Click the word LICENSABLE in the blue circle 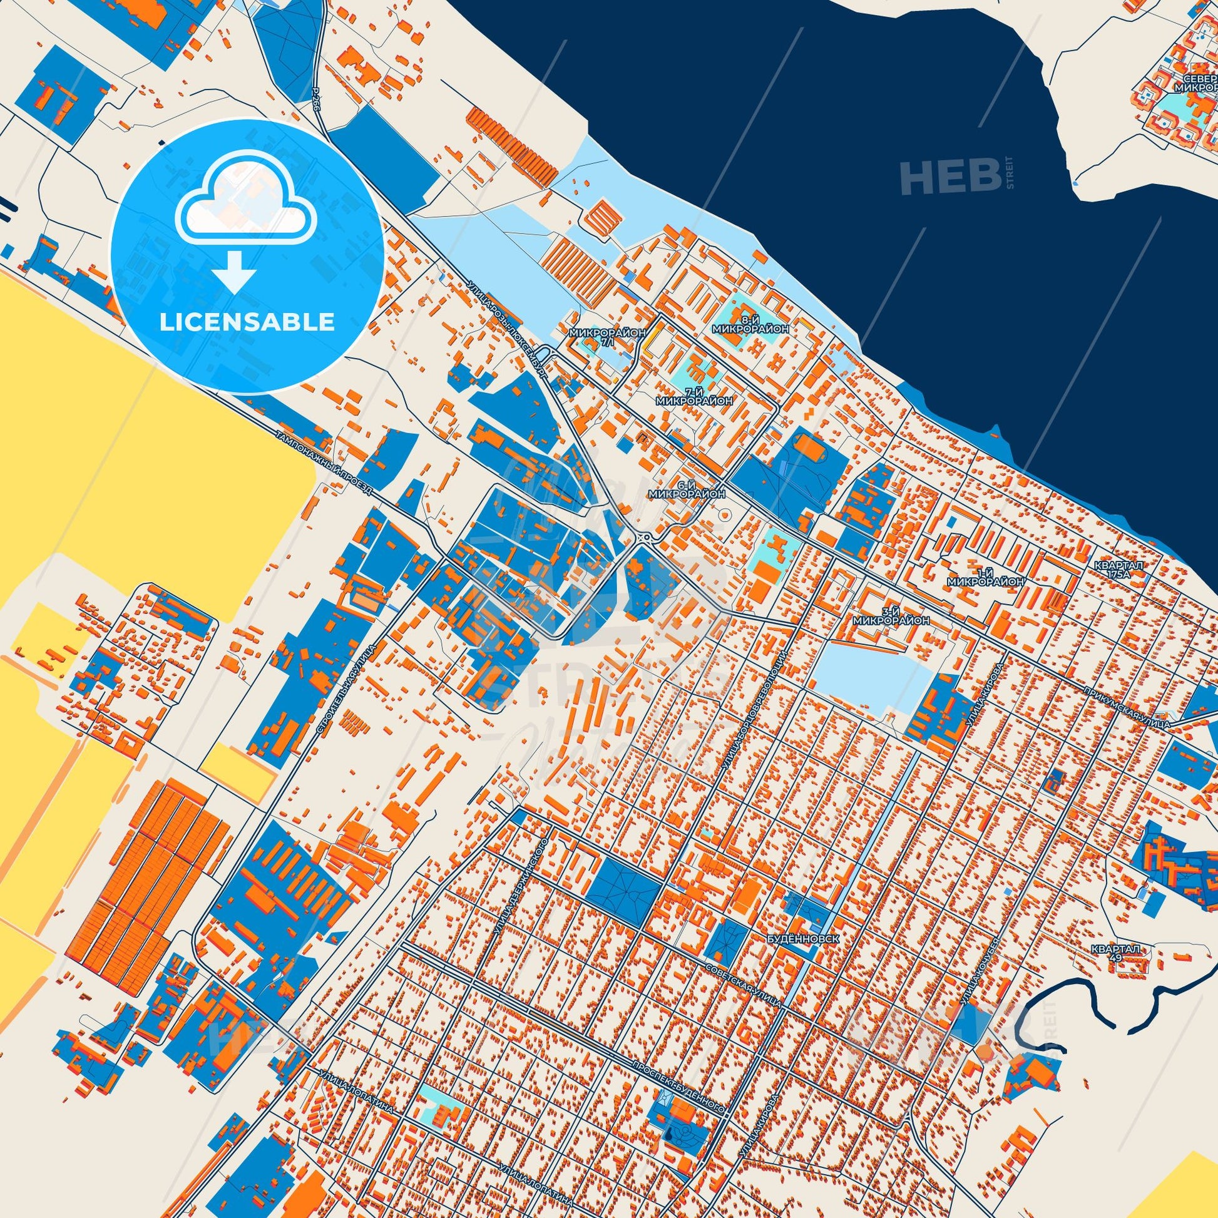[247, 322]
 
